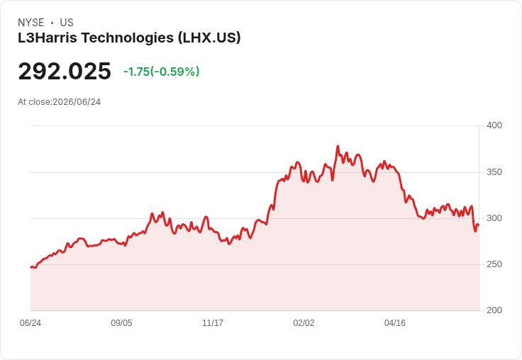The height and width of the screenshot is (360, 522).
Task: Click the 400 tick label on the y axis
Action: [x=494, y=125]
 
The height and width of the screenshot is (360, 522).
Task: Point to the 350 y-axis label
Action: [x=494, y=172]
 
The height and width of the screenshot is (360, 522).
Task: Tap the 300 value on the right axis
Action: [x=494, y=218]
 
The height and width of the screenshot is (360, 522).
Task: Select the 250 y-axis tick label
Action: [x=494, y=264]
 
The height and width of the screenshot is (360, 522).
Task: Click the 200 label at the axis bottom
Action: [x=494, y=310]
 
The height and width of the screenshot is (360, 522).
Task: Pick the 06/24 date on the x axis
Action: [x=30, y=323]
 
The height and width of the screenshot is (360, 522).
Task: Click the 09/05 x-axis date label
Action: [x=121, y=323]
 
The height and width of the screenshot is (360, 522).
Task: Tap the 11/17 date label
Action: [x=213, y=323]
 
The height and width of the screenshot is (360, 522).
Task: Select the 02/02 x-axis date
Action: [x=304, y=323]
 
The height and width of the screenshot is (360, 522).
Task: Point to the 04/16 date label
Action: [x=395, y=323]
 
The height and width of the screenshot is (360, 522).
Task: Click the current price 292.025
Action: [x=65, y=71]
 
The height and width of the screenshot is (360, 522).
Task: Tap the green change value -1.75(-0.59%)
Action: [x=162, y=72]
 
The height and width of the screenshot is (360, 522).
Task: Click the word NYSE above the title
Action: [x=31, y=23]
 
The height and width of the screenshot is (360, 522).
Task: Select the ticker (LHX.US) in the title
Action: [x=209, y=38]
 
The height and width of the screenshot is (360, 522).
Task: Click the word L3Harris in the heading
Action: [x=48, y=38]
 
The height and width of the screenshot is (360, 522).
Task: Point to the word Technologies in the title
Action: [x=128, y=38]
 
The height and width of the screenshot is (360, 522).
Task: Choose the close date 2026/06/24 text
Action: [x=77, y=102]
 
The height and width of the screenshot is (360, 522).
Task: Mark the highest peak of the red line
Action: [x=338, y=146]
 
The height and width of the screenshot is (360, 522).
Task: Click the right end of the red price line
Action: [x=479, y=225]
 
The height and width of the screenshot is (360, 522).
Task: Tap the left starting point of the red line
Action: [x=31, y=267]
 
